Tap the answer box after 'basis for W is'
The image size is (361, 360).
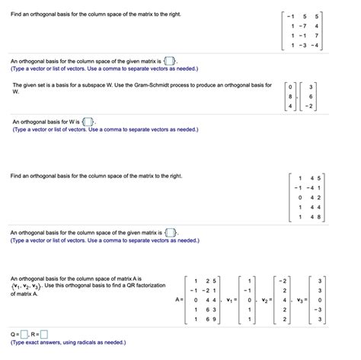88,121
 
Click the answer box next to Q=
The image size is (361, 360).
25,333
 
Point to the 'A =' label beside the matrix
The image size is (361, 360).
180,299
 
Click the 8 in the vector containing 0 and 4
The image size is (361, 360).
289,96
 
